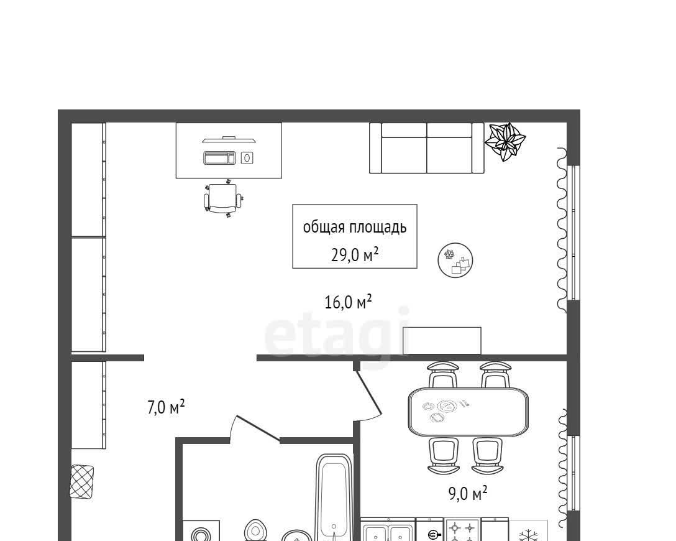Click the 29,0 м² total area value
pyautogui.click(x=354, y=255)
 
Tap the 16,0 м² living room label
pyautogui.click(x=348, y=302)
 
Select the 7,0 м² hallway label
pyautogui.click(x=166, y=407)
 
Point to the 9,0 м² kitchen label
pyautogui.click(x=468, y=493)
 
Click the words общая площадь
pyautogui.click(x=354, y=227)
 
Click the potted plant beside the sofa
pyautogui.click(x=505, y=142)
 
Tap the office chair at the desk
pyautogui.click(x=223, y=198)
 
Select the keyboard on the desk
pyautogui.click(x=219, y=158)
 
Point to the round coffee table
pyautogui.click(x=455, y=260)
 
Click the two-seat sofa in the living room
pyautogui.click(x=427, y=148)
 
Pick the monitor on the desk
pyautogui.click(x=229, y=139)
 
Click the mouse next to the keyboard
pyautogui.click(x=247, y=158)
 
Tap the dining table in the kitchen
pyautogui.click(x=468, y=412)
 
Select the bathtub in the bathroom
pyautogui.click(x=334, y=497)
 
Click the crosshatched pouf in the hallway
pyautogui.click(x=82, y=481)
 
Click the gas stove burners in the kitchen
pyautogui.click(x=462, y=530)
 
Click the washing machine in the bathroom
pyautogui.click(x=201, y=531)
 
